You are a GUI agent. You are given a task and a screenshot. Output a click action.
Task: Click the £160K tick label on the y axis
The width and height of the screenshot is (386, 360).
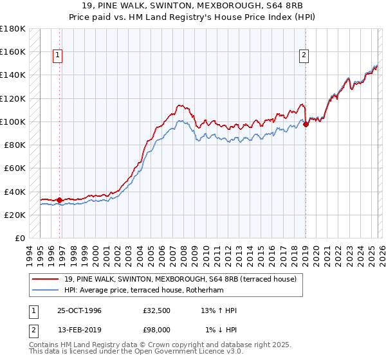coord(13,51)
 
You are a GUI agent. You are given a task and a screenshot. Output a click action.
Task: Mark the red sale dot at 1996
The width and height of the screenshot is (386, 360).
coord(60,200)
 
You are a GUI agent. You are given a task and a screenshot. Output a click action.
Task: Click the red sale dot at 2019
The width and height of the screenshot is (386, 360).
coord(306,125)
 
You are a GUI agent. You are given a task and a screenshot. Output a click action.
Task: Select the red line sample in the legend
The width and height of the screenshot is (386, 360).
coord(46,279)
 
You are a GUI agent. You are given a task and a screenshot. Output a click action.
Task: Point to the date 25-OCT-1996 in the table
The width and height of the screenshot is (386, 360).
coord(79,310)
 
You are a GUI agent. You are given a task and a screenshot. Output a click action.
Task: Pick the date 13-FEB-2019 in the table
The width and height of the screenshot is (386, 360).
coord(79,330)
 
